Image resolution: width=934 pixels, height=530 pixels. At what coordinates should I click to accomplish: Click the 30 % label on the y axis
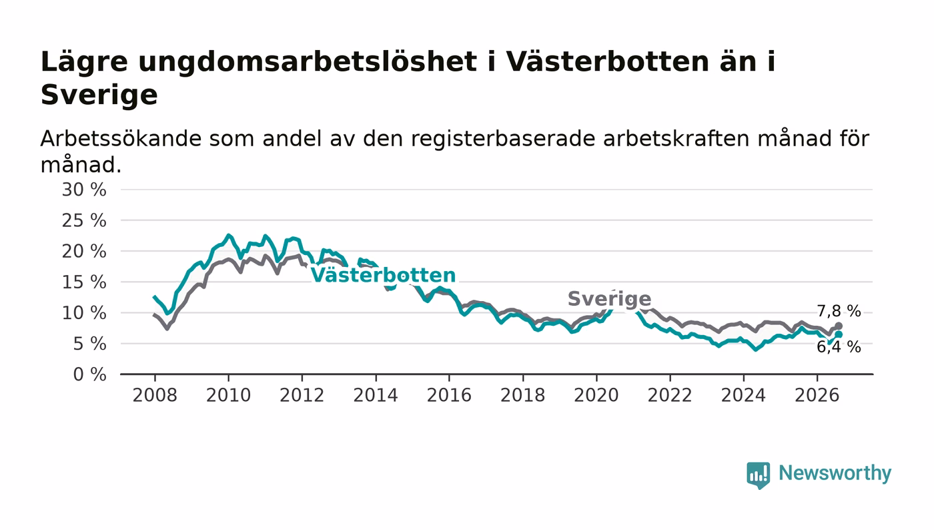tap(84, 190)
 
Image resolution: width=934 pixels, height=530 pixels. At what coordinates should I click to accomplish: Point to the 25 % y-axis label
tap(84, 220)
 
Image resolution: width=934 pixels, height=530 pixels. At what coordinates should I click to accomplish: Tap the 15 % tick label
tap(84, 282)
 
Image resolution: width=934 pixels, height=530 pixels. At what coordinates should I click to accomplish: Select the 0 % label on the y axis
tap(89, 374)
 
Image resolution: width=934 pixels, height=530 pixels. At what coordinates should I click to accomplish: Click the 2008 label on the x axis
tap(155, 395)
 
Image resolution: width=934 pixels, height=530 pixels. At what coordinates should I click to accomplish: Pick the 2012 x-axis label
tap(302, 395)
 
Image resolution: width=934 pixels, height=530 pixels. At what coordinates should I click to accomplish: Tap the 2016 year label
tap(449, 395)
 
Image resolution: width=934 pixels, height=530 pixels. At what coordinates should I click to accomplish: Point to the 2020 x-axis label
tap(596, 395)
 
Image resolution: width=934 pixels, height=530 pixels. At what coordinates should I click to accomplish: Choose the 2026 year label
tap(817, 395)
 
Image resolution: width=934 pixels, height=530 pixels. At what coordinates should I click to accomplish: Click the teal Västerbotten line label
tap(383, 275)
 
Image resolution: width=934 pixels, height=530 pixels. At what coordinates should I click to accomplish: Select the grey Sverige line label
tap(610, 299)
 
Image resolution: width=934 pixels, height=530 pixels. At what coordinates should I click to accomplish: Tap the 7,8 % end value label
tap(839, 311)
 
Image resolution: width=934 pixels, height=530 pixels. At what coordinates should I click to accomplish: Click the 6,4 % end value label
tap(839, 347)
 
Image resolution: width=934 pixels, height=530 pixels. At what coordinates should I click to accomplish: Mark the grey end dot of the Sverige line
tap(839, 326)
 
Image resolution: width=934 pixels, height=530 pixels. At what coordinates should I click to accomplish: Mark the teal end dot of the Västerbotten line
tap(839, 334)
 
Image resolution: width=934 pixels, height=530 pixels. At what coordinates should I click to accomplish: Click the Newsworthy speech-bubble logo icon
tap(758, 475)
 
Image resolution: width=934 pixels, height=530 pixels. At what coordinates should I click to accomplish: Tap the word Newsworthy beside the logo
tap(835, 473)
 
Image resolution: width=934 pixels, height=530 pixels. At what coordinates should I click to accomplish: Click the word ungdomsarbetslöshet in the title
tap(308, 63)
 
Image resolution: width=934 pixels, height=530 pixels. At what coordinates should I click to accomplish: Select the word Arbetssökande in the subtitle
tap(121, 138)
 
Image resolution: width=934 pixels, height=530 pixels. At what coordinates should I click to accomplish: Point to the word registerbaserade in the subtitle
tap(503, 140)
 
